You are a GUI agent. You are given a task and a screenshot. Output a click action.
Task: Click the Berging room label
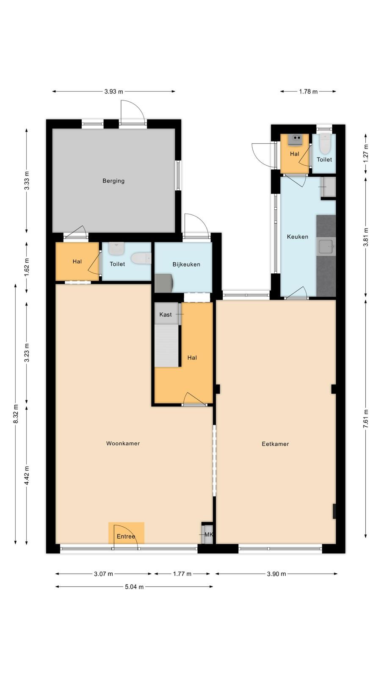click(x=113, y=181)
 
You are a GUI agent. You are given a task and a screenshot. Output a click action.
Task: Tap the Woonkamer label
click(x=123, y=443)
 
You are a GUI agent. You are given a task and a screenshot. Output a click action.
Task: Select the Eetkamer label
click(x=275, y=444)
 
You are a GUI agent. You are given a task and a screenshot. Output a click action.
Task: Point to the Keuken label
click(x=298, y=237)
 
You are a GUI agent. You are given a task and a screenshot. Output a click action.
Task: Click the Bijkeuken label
click(x=186, y=264)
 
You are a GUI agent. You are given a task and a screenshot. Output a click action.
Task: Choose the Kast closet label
click(x=166, y=314)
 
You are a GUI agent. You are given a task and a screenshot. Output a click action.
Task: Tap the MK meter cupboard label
click(x=209, y=534)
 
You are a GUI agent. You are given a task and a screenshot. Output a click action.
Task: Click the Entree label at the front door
click(x=126, y=536)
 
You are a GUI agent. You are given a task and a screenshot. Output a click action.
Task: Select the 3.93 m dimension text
click(x=114, y=92)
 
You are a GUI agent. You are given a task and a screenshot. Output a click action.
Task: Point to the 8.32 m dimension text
click(x=16, y=414)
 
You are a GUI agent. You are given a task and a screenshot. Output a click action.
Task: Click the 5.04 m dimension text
click(x=134, y=586)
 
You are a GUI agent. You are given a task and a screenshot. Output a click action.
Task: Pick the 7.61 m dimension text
click(x=366, y=419)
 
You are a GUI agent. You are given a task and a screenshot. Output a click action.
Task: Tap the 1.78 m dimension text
click(x=309, y=92)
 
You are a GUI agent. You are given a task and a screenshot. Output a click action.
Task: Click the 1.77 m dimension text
click(x=182, y=574)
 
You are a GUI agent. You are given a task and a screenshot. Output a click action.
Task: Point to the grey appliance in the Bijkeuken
click(x=164, y=283)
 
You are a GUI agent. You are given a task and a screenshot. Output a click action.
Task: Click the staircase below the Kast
click(x=166, y=346)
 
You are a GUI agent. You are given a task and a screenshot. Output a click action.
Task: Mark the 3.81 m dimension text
click(x=366, y=237)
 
